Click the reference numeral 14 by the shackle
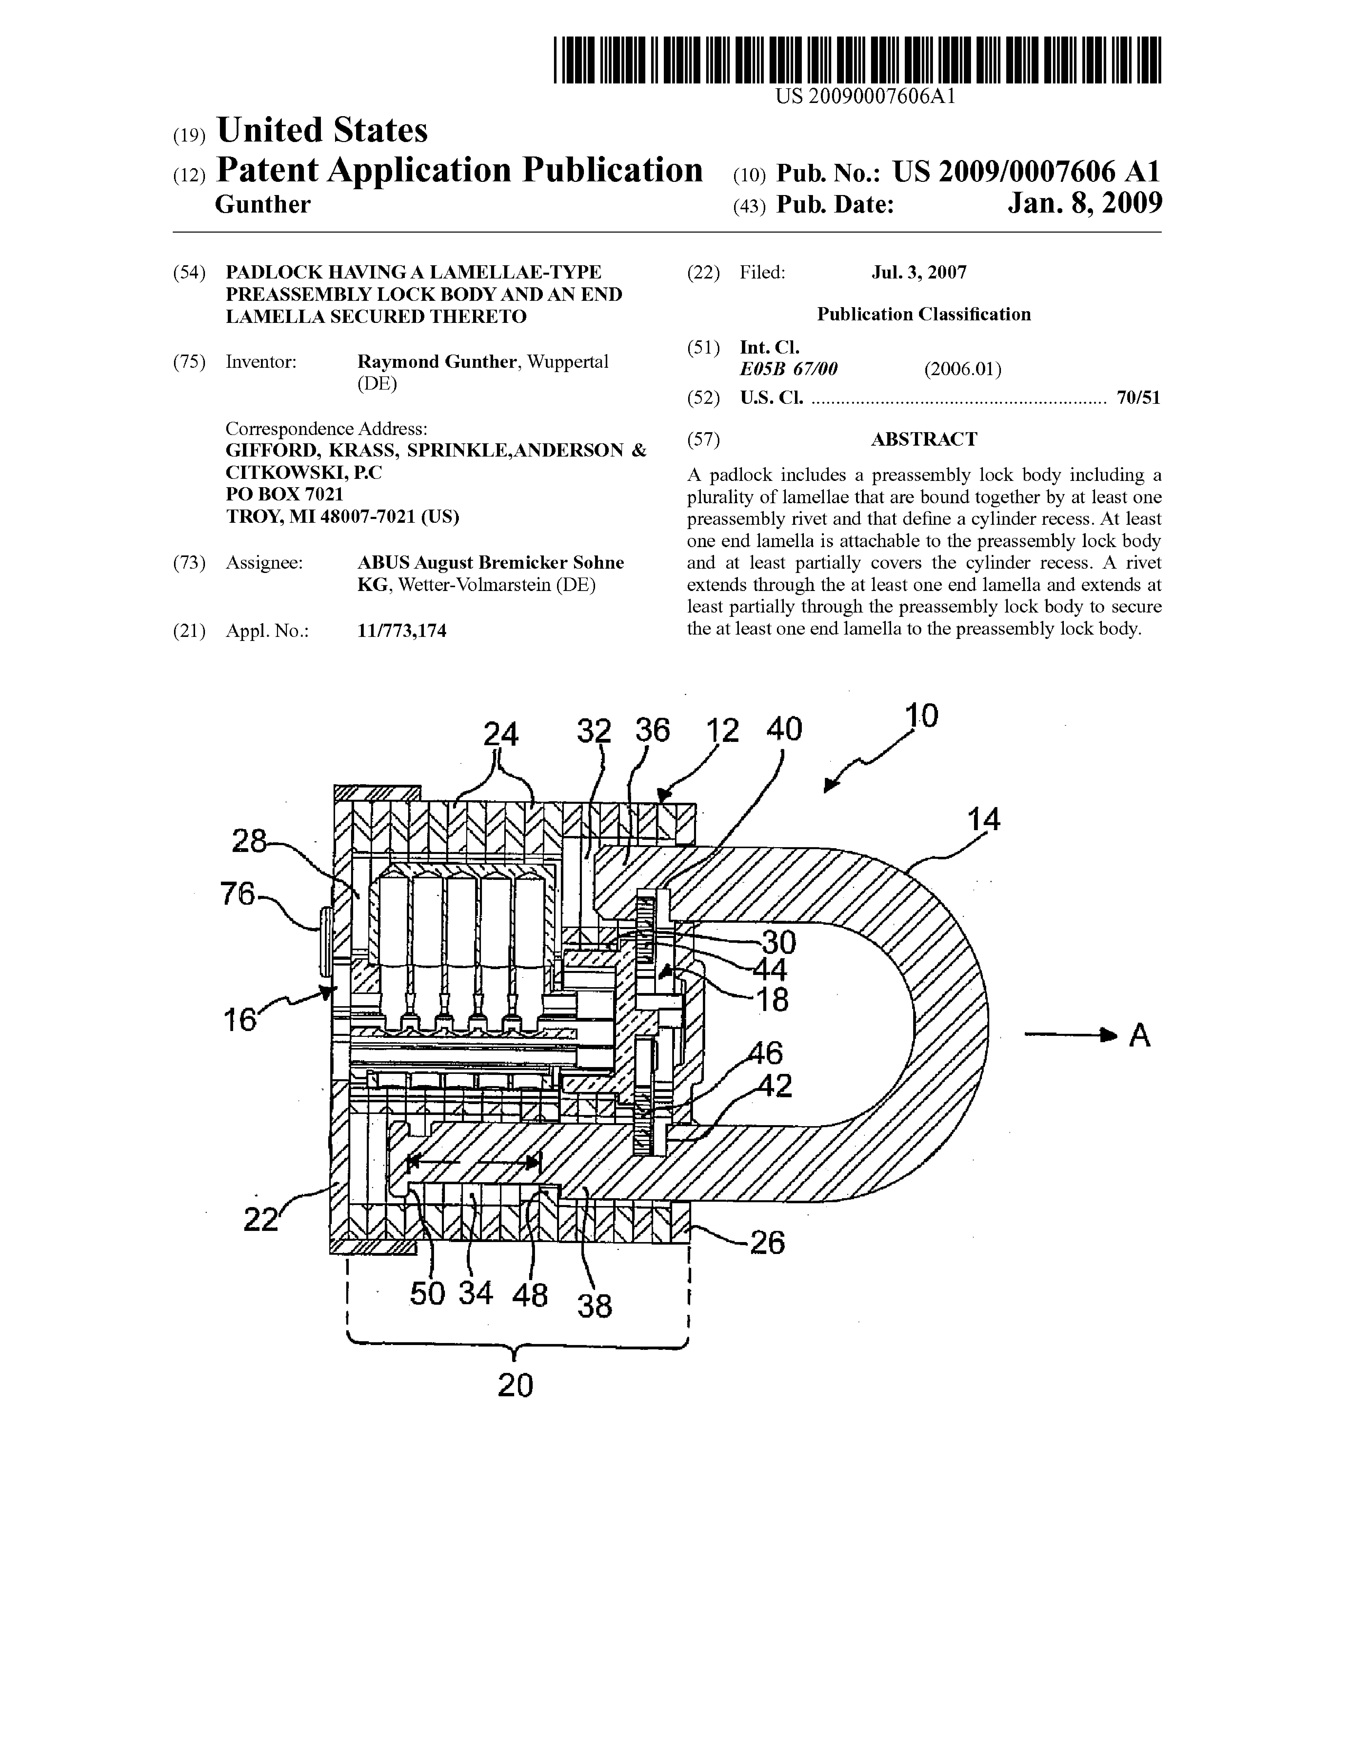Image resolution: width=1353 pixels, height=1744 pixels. tap(983, 819)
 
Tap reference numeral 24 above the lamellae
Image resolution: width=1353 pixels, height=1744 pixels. tap(501, 734)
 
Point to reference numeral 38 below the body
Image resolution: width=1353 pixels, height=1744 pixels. tap(595, 1306)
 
